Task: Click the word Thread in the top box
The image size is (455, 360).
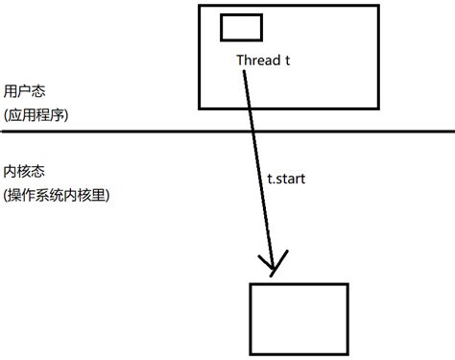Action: pos(256,60)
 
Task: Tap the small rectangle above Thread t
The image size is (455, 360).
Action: pos(241,27)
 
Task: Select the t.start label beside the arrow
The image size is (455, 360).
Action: pos(288,179)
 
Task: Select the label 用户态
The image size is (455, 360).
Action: pos(22,89)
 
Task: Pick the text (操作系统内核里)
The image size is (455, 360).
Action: pos(57,195)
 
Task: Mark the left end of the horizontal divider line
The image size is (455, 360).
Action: pos(2,132)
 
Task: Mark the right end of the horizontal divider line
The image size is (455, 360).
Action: pos(452,132)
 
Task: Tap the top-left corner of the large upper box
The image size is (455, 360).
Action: pos(199,6)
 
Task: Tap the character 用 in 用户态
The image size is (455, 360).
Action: pos(11,89)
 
